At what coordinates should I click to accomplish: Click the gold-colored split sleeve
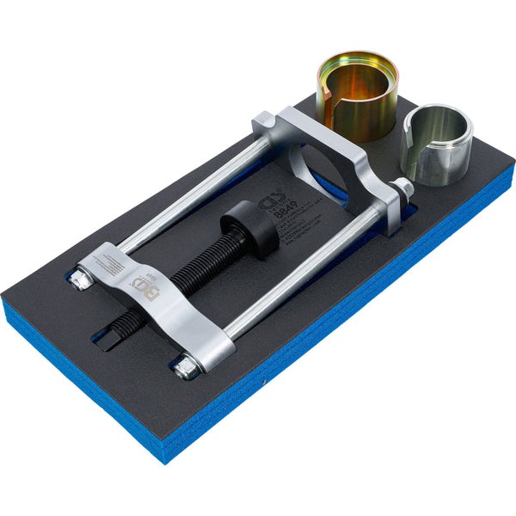pyautogui.click(x=354, y=95)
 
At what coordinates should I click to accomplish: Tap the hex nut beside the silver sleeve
pyautogui.click(x=402, y=188)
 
